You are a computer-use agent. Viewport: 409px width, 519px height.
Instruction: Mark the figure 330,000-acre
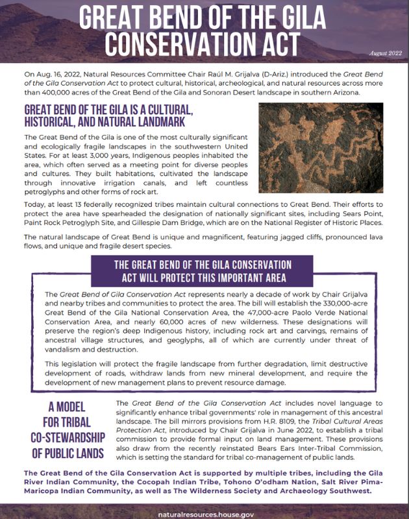click(x=361, y=302)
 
